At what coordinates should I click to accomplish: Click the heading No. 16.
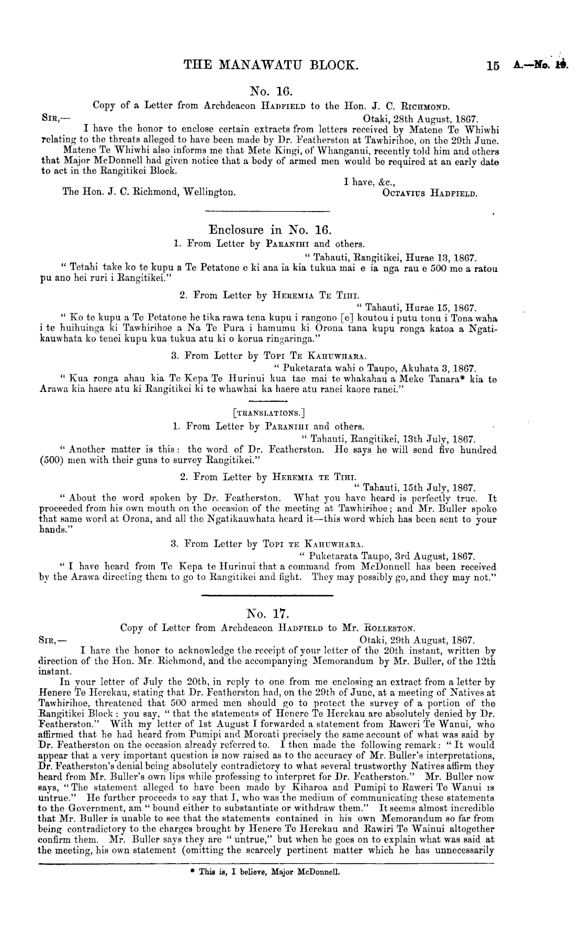point(267,91)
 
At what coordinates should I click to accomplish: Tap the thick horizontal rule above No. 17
point(267,596)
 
